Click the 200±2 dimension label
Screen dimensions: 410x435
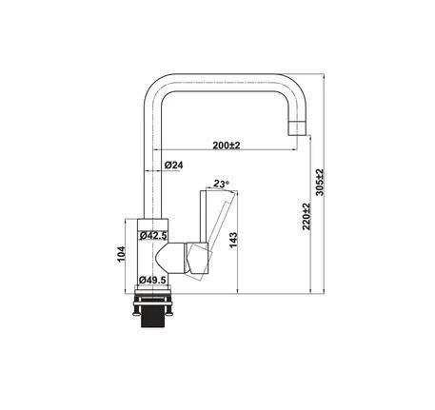coord(226,145)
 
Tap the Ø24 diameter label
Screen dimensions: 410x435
coord(173,166)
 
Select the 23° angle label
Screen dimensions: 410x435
coord(222,184)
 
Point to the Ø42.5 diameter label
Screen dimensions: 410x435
coord(152,235)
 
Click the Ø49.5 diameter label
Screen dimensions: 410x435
coord(152,280)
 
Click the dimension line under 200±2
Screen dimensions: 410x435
coord(226,153)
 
